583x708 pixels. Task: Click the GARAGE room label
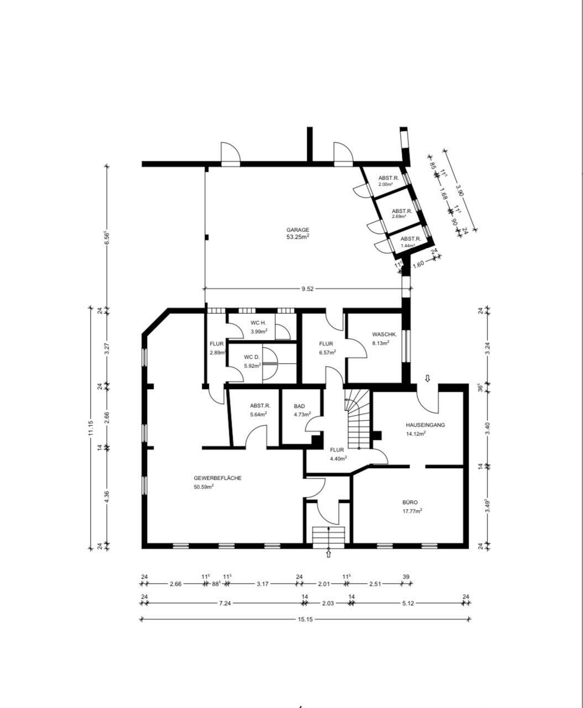click(x=297, y=230)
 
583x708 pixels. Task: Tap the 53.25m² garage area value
click(x=297, y=237)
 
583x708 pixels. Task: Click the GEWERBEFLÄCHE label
click(x=217, y=478)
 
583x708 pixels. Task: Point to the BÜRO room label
click(x=410, y=503)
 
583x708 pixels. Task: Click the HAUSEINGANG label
click(x=425, y=425)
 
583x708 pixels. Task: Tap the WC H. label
click(x=259, y=323)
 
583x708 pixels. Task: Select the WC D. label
click(x=252, y=357)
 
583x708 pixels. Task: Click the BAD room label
click(x=299, y=406)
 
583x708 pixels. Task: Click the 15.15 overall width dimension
click(x=305, y=620)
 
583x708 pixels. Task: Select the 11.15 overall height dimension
click(x=91, y=428)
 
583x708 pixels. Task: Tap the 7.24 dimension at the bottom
click(x=224, y=604)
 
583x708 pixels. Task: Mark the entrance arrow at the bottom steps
click(x=329, y=553)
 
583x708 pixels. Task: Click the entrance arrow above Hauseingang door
click(x=427, y=379)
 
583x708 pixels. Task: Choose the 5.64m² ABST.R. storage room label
click(x=259, y=406)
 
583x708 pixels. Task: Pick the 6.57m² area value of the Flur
click(x=326, y=352)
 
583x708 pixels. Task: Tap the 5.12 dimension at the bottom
click(x=408, y=604)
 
